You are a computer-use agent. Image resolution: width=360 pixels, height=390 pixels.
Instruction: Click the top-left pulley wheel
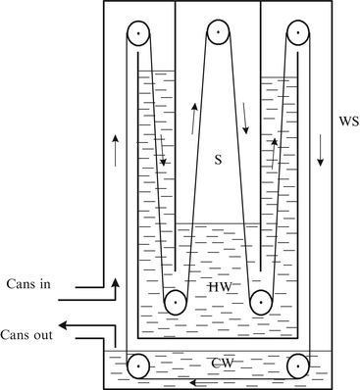coord(140,36)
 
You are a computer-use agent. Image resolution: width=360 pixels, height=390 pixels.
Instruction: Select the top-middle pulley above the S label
coord(218,36)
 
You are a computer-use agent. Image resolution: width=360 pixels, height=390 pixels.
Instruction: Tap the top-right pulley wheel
coord(295,36)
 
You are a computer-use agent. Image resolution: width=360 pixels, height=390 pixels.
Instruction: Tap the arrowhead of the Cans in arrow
coord(116,281)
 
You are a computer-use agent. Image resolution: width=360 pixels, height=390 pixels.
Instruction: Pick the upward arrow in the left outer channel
coord(116,149)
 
